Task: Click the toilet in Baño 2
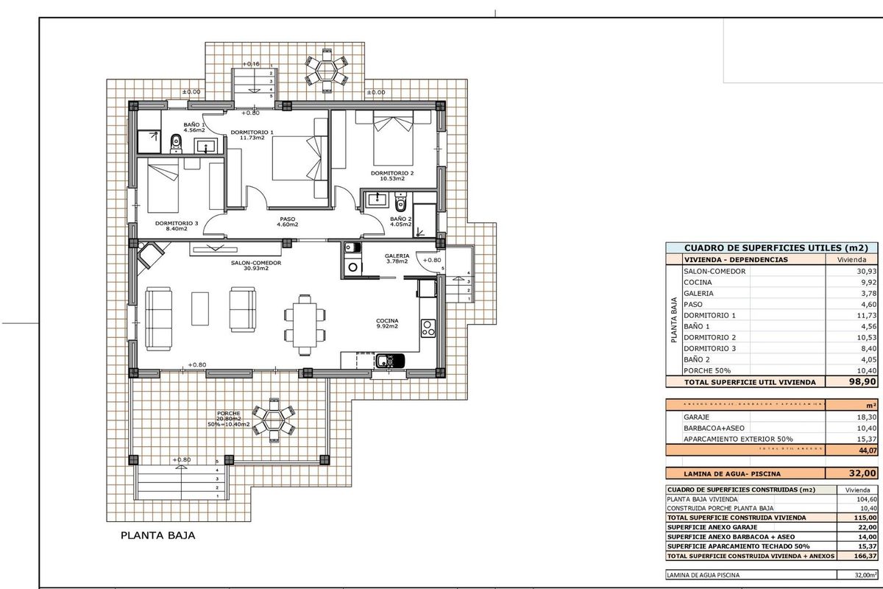point(400,200)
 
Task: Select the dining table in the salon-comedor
point(302,323)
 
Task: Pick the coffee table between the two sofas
point(200,308)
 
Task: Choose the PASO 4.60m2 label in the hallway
point(287,221)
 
